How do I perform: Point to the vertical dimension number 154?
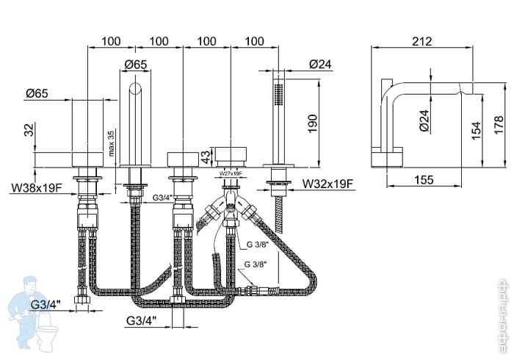[x=477, y=131]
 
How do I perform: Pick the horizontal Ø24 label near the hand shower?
[x=321, y=65]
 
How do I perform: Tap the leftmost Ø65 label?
[x=37, y=93]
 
